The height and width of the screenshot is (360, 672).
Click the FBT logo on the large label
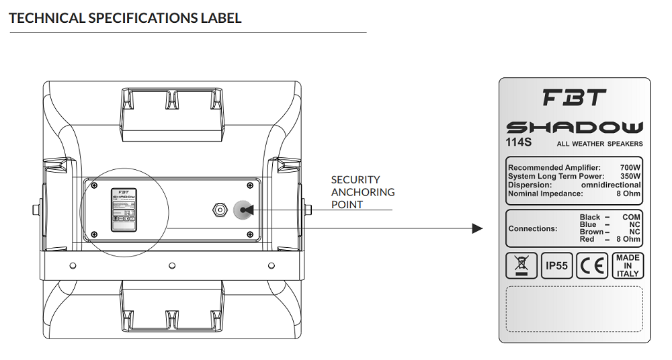tap(574, 98)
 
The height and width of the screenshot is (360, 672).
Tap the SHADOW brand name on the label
tap(574, 127)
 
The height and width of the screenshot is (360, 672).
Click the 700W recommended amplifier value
tap(630, 167)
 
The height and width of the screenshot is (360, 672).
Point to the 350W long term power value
tap(630, 176)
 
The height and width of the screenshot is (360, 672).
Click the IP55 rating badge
tap(556, 266)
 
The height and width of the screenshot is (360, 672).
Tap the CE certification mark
tap(591, 266)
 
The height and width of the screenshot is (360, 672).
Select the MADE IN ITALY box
tap(627, 265)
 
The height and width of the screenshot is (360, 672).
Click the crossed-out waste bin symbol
tap(521, 266)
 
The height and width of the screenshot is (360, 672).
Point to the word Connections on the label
tap(533, 228)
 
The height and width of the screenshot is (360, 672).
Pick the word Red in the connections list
tap(587, 239)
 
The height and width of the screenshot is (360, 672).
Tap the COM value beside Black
tap(632, 217)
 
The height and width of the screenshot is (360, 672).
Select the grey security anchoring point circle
tap(242, 210)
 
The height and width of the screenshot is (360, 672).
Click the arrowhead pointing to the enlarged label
tap(477, 228)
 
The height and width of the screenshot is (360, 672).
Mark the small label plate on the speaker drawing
tap(124, 210)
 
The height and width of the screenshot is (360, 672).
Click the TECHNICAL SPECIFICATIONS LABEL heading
tap(125, 18)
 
